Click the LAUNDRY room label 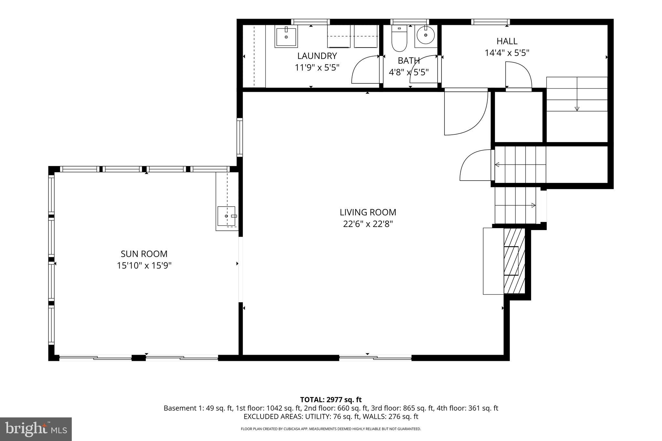(317, 56)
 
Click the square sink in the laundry (286, 37)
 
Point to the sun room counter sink (226, 216)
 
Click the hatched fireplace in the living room (514, 261)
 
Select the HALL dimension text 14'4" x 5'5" (507, 53)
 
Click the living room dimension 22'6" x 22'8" (368, 224)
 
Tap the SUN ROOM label (144, 254)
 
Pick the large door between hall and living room (465, 113)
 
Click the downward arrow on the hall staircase (577, 109)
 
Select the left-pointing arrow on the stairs (497, 165)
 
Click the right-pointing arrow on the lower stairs (533, 205)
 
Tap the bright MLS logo (36, 429)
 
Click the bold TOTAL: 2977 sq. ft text (331, 400)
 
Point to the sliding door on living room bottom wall (375, 357)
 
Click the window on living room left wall (240, 137)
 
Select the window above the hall (490, 22)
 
